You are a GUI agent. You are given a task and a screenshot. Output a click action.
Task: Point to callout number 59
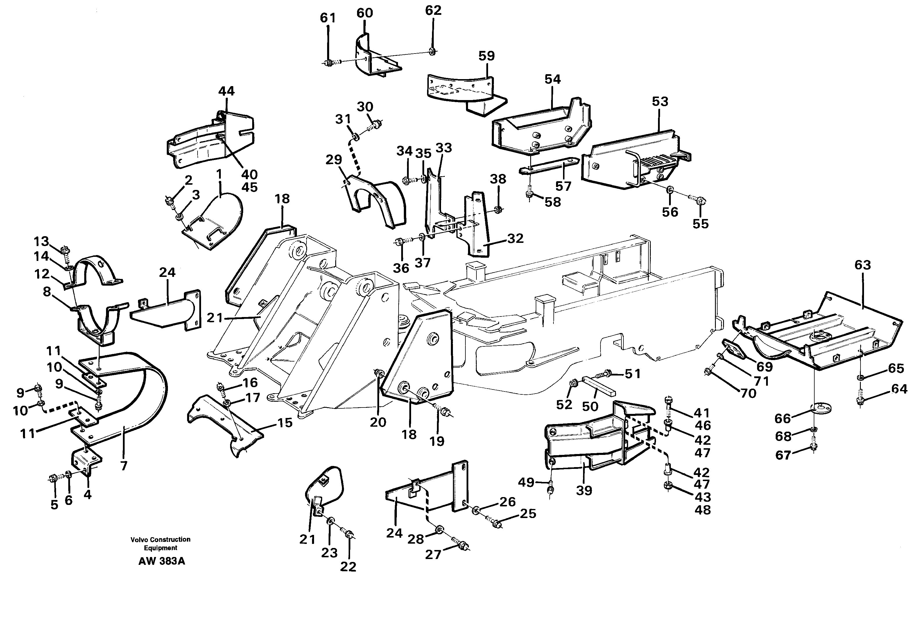click(486, 56)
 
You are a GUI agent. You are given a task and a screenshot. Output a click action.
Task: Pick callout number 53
click(660, 102)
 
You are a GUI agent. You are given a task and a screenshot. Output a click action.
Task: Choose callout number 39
click(584, 491)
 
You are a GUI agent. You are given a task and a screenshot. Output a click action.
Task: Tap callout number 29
click(334, 160)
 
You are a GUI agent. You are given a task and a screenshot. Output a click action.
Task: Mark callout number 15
click(285, 423)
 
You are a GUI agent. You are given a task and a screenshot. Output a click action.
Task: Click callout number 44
click(226, 91)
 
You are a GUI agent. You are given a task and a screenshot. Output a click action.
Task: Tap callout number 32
click(515, 239)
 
